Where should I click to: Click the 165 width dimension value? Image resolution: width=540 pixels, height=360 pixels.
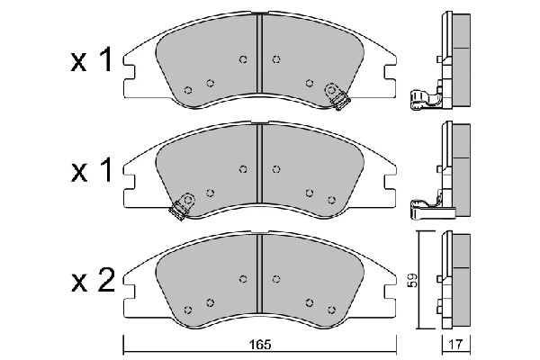coord(260,344)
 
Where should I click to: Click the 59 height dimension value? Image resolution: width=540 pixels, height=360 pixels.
coord(413,281)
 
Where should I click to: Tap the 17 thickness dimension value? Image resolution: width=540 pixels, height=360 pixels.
coord(455,344)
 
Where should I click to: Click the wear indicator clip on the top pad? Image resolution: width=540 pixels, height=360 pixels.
coord(337,96)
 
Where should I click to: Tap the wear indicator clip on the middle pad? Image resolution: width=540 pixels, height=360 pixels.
coord(182,206)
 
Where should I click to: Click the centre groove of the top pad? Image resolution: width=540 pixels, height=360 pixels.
coord(260,58)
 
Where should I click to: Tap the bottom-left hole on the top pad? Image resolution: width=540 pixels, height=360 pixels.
coord(188,90)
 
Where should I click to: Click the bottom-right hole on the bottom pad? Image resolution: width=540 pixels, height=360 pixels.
coord(331,310)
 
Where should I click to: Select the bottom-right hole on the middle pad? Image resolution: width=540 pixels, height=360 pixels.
coord(331,200)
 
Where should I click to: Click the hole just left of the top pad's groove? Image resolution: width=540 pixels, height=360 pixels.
coord(243,59)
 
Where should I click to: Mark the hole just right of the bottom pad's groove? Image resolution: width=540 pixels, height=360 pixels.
coord(276,279)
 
